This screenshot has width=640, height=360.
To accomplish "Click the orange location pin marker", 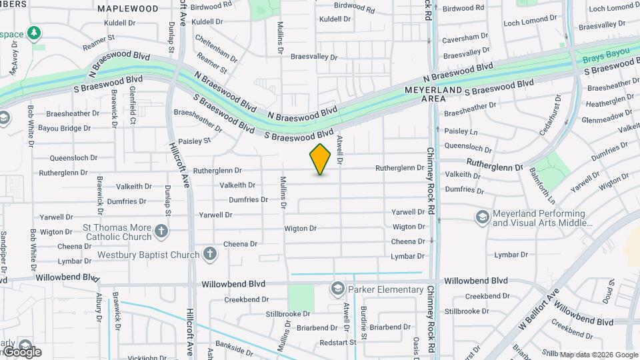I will tap(321, 159).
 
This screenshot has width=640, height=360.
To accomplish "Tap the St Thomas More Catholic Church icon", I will tap(161, 232).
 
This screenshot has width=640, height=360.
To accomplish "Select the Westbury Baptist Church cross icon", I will tap(209, 254).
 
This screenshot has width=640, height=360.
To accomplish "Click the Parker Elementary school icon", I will tap(337, 289).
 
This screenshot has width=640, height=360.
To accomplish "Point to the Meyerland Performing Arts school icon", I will tap(483, 217).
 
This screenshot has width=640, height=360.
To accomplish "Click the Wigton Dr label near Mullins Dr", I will tap(300, 228).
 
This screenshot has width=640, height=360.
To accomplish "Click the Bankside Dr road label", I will tap(234, 349).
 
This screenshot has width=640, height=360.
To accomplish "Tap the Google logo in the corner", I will tap(21, 351).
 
